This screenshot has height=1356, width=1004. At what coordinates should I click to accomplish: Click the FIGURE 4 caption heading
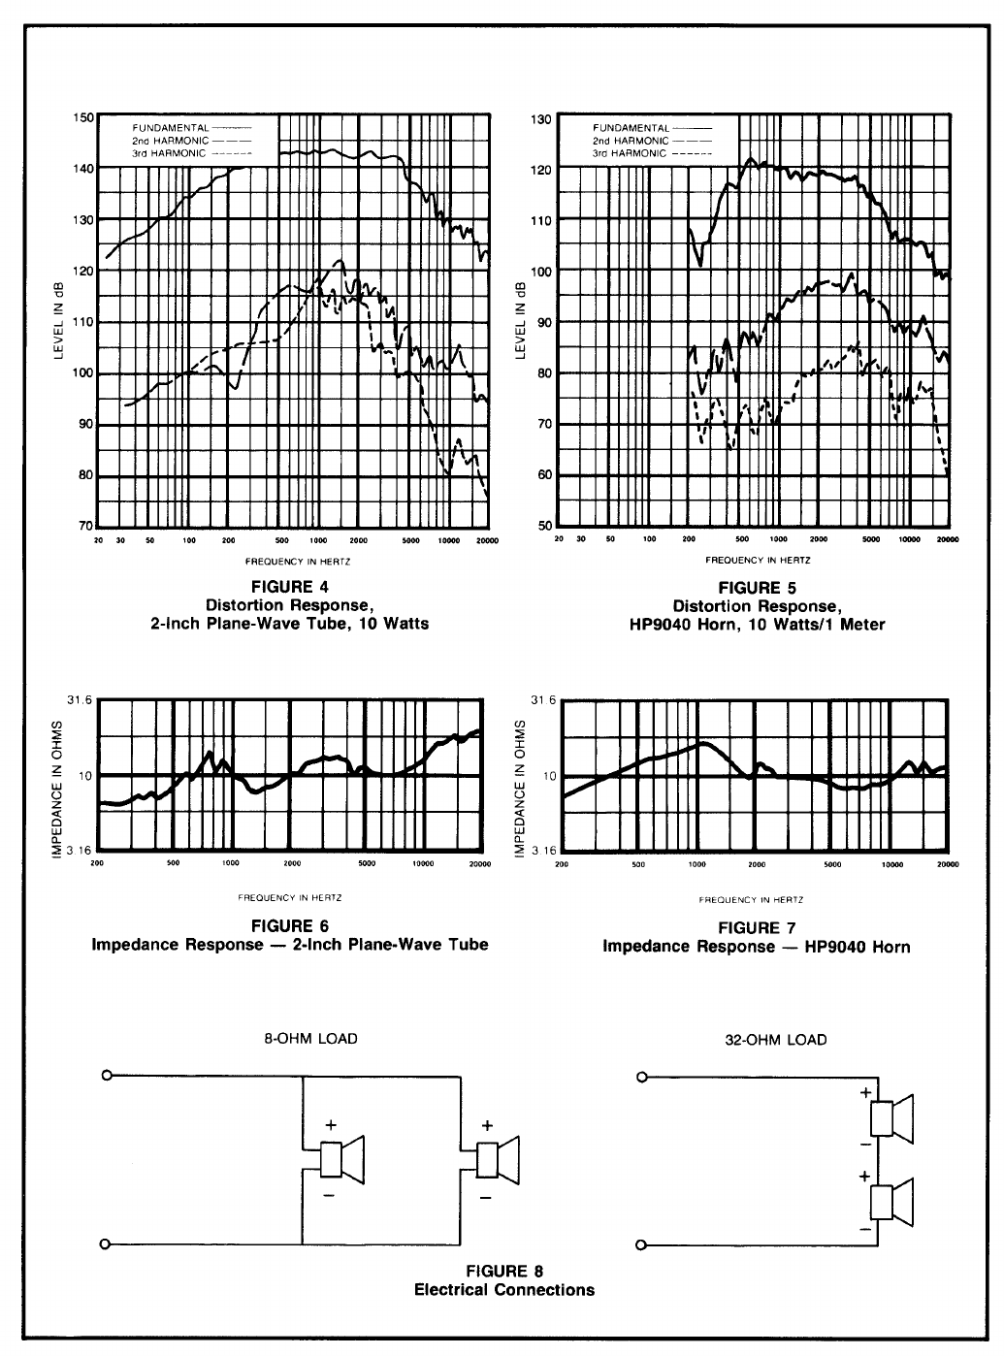point(289,587)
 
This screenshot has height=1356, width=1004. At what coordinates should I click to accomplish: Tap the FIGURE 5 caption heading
point(749,588)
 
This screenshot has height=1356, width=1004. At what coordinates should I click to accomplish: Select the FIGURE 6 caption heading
point(289,926)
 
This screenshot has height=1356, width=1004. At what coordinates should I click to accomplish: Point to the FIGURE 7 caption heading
point(756,928)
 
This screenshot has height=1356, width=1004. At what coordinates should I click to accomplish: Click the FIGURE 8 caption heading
point(503,1271)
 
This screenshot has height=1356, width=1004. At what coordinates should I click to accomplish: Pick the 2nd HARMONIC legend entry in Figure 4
point(169,141)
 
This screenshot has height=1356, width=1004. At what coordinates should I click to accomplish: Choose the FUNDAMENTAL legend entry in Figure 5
point(632,128)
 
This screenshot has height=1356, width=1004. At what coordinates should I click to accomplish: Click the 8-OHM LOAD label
point(310,1039)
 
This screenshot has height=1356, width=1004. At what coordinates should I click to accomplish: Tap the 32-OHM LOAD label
point(776,1040)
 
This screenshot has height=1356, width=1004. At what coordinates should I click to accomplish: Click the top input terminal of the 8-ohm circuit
point(107,1076)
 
